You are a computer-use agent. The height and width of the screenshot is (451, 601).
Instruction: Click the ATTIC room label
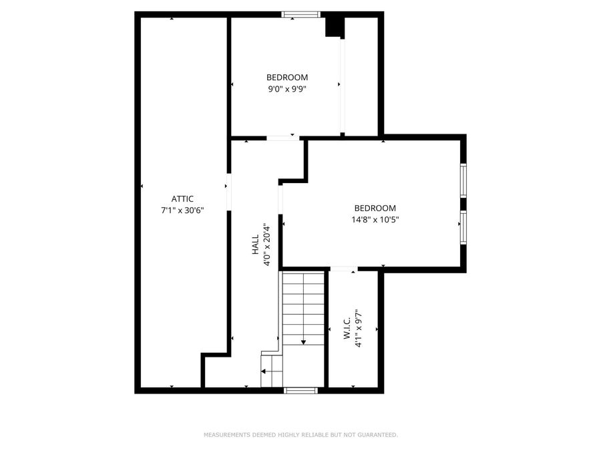pyautogui.click(x=182, y=198)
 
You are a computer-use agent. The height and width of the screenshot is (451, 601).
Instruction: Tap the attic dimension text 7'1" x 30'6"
pyautogui.click(x=182, y=210)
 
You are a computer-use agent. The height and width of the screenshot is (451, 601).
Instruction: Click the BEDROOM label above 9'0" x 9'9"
pyautogui.click(x=287, y=78)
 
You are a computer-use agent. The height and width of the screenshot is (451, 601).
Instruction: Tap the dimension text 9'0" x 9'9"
pyautogui.click(x=287, y=89)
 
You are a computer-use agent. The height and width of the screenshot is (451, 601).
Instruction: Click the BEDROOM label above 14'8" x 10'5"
pyautogui.click(x=375, y=208)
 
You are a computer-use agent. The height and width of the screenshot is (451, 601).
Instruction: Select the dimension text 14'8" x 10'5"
pyautogui.click(x=375, y=219)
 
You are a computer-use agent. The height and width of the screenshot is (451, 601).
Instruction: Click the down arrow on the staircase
pyautogui.click(x=303, y=341)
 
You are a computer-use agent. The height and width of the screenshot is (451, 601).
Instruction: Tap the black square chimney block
pyautogui.click(x=333, y=27)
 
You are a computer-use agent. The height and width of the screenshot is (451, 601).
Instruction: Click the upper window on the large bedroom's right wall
pyautogui.click(x=463, y=180)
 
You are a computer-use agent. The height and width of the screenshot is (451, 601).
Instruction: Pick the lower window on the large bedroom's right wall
pyautogui.click(x=463, y=227)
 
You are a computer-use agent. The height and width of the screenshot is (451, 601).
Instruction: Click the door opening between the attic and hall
pyautogui.click(x=228, y=192)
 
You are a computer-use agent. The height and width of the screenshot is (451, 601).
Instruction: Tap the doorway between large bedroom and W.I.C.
pyautogui.click(x=344, y=269)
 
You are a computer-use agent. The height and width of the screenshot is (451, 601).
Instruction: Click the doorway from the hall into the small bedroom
pyautogui.click(x=281, y=138)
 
